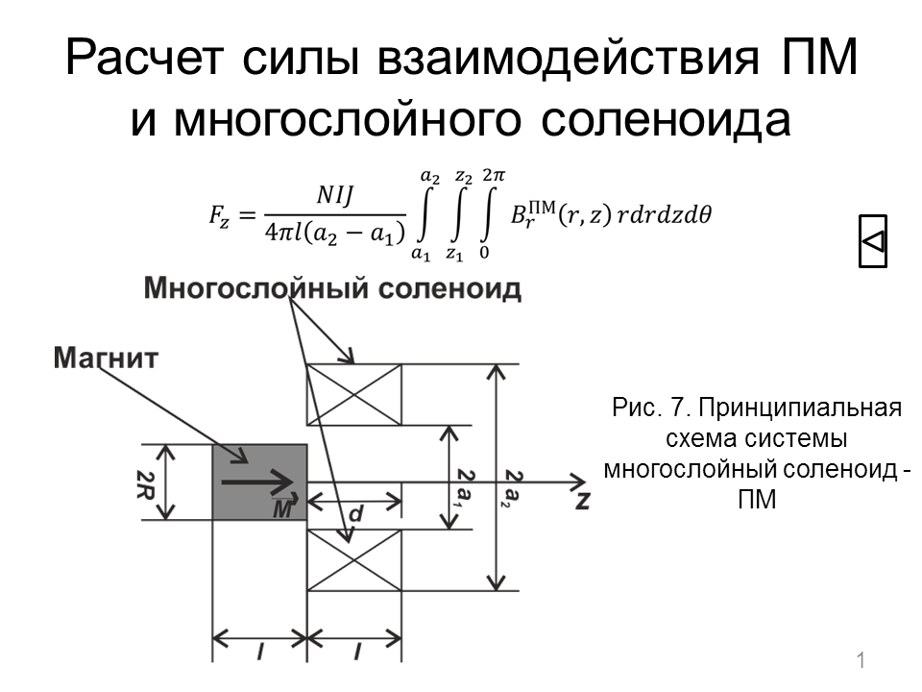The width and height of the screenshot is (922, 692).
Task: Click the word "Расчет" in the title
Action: point(144,59)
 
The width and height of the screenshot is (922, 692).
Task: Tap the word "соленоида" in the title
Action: point(666,119)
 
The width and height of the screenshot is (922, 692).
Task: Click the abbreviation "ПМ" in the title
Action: point(819,58)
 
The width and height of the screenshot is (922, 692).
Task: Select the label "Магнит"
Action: point(106,358)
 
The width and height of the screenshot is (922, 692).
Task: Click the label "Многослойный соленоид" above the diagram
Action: point(333,289)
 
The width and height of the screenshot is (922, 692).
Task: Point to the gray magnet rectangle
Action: point(260,482)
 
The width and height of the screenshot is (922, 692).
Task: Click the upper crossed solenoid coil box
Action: point(354,394)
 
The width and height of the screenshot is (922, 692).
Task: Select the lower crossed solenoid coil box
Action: point(354,560)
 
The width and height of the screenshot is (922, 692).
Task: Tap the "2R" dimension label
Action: point(145,484)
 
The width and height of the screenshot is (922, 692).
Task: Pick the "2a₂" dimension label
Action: point(513,488)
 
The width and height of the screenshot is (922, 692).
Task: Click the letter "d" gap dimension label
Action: point(355,513)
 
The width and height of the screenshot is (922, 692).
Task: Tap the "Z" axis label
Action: point(582,500)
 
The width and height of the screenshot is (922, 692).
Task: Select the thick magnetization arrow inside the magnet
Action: point(257,482)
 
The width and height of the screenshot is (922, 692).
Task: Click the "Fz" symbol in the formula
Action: point(219,215)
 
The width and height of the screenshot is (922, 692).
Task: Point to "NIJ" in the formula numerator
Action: point(335,195)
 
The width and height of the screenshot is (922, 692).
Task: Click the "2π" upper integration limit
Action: point(494,175)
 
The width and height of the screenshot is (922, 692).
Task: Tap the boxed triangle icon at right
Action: point(873,241)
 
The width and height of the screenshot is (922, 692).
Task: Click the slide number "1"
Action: point(861,660)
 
